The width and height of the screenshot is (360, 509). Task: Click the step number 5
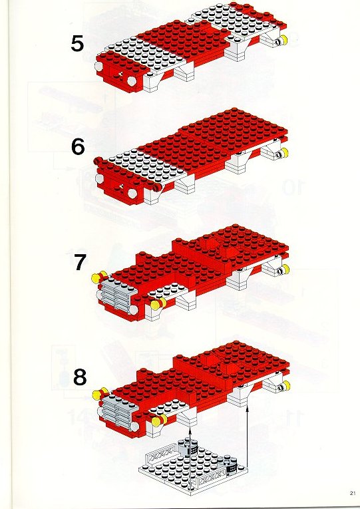pos(77,44)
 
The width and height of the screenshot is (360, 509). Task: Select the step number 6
pos(78,147)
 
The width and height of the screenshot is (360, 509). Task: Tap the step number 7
pos(79,263)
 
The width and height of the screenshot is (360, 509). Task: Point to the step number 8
pos(80,377)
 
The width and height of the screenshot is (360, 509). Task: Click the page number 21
pos(353,493)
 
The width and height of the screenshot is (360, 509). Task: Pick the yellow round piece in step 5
pos(283,40)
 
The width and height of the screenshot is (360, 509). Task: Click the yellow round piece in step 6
pos(284,152)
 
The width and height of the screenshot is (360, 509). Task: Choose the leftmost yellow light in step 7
pos(96,278)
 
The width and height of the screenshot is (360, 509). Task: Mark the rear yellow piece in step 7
pos(285,269)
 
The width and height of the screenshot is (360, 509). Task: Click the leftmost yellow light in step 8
pos(96,395)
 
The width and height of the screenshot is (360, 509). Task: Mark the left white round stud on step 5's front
pos(98,67)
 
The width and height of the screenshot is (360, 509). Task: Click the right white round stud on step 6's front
pos(132,194)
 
